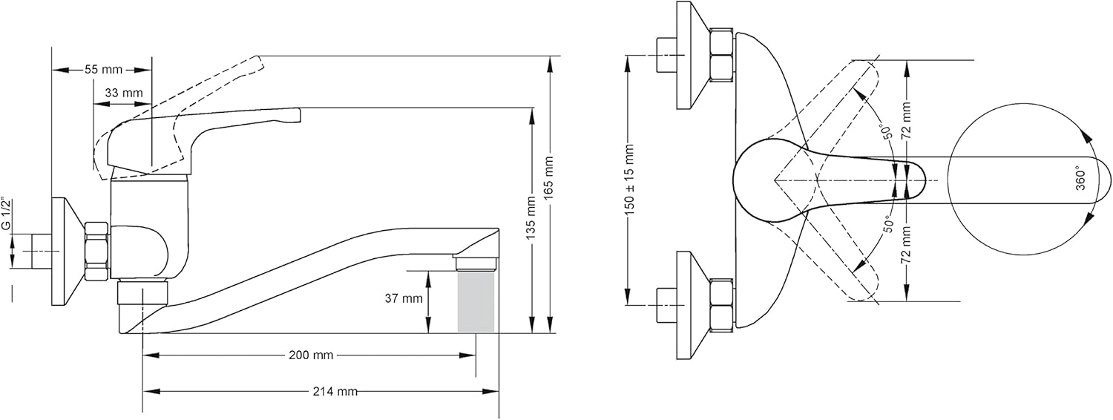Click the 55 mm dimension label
(102, 70)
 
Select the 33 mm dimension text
(123, 93)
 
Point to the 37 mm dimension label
(404, 299)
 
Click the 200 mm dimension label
(310, 355)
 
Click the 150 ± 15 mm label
(629, 180)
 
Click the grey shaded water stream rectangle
(476, 301)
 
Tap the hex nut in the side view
(96, 251)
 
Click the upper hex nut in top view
(720, 55)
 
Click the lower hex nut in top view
(720, 305)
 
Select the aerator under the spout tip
(475, 262)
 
